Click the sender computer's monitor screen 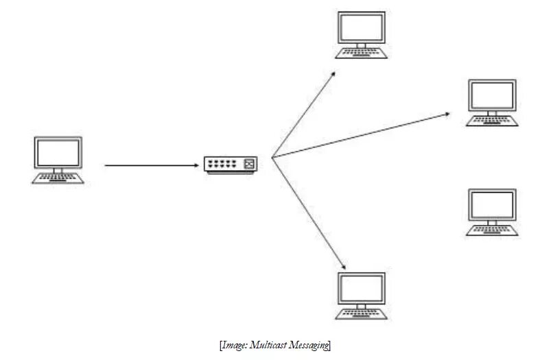click(x=58, y=152)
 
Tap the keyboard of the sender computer click(x=58, y=178)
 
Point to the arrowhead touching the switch click(x=196, y=165)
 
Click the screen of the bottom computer click(x=362, y=288)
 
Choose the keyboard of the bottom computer click(x=362, y=314)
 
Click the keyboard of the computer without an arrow click(x=491, y=231)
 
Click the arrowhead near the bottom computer click(x=342, y=265)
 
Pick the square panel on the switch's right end click(x=249, y=163)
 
